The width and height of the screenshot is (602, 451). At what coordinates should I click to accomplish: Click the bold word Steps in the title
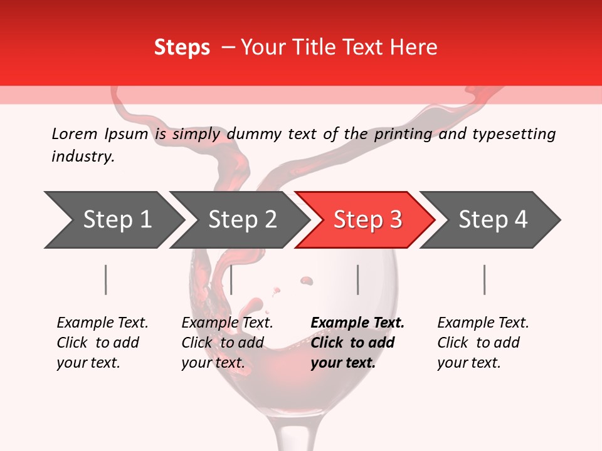point(182,48)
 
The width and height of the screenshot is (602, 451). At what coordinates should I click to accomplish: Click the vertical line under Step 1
point(106,279)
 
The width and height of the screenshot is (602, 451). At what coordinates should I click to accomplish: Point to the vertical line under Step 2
point(231,279)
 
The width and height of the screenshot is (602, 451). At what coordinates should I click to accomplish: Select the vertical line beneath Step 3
point(358,279)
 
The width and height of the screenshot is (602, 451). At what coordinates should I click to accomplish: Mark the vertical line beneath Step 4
point(485,279)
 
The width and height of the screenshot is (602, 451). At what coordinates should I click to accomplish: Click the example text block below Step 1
point(102,343)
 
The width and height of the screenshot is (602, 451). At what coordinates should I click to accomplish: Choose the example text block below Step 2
point(226,343)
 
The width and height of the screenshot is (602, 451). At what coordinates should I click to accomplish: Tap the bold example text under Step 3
point(357,343)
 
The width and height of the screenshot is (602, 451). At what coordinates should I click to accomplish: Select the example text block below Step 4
point(482,343)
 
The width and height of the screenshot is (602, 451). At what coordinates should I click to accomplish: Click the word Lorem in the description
point(74,134)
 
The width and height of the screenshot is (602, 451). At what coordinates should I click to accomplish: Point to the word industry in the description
point(83,157)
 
